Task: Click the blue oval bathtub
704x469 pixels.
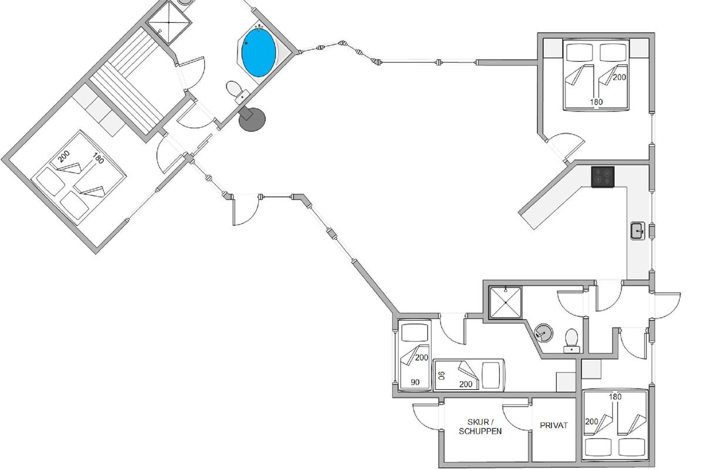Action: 259,53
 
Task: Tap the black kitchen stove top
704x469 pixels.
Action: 603,176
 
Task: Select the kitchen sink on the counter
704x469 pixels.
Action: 638,231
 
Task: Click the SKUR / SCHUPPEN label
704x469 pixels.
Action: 485,426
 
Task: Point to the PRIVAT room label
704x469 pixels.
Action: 554,426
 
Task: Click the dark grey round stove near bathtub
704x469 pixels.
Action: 252,119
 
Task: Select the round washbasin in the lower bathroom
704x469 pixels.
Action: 544,333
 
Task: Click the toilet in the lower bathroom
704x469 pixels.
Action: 571,339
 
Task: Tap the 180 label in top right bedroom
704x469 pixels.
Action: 596,102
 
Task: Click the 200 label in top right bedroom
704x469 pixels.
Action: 620,77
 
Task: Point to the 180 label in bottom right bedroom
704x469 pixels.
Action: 615,397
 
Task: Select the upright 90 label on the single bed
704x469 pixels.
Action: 415,382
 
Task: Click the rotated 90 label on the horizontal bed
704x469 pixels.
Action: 442,376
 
